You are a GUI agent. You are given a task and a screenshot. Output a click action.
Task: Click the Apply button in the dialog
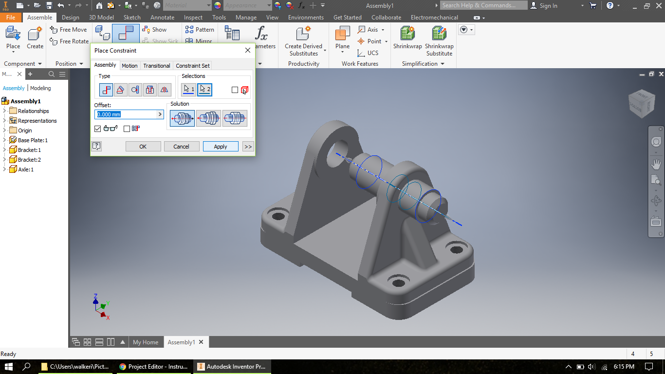[221, 147]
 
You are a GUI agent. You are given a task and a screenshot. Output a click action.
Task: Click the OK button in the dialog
[143, 147]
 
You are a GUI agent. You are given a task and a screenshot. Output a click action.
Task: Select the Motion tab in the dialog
[129, 66]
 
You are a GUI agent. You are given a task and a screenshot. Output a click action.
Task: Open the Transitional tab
[156, 66]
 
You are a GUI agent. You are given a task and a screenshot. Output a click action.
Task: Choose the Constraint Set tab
[193, 66]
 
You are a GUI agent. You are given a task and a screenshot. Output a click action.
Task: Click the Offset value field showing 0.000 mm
[126, 114]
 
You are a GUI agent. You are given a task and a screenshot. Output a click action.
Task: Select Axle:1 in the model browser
[25, 169]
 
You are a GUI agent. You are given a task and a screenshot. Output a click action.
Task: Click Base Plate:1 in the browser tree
[32, 140]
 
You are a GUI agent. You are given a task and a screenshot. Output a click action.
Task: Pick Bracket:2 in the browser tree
[29, 160]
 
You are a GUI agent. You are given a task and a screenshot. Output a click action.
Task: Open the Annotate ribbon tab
[162, 18]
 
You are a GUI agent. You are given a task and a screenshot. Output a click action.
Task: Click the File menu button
[11, 18]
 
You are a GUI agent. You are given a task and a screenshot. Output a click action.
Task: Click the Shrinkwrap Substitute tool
[439, 41]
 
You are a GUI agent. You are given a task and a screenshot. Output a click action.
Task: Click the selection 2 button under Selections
[204, 89]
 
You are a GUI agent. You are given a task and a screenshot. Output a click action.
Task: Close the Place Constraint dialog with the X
[247, 50]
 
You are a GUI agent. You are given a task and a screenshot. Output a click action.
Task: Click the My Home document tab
[145, 342]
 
